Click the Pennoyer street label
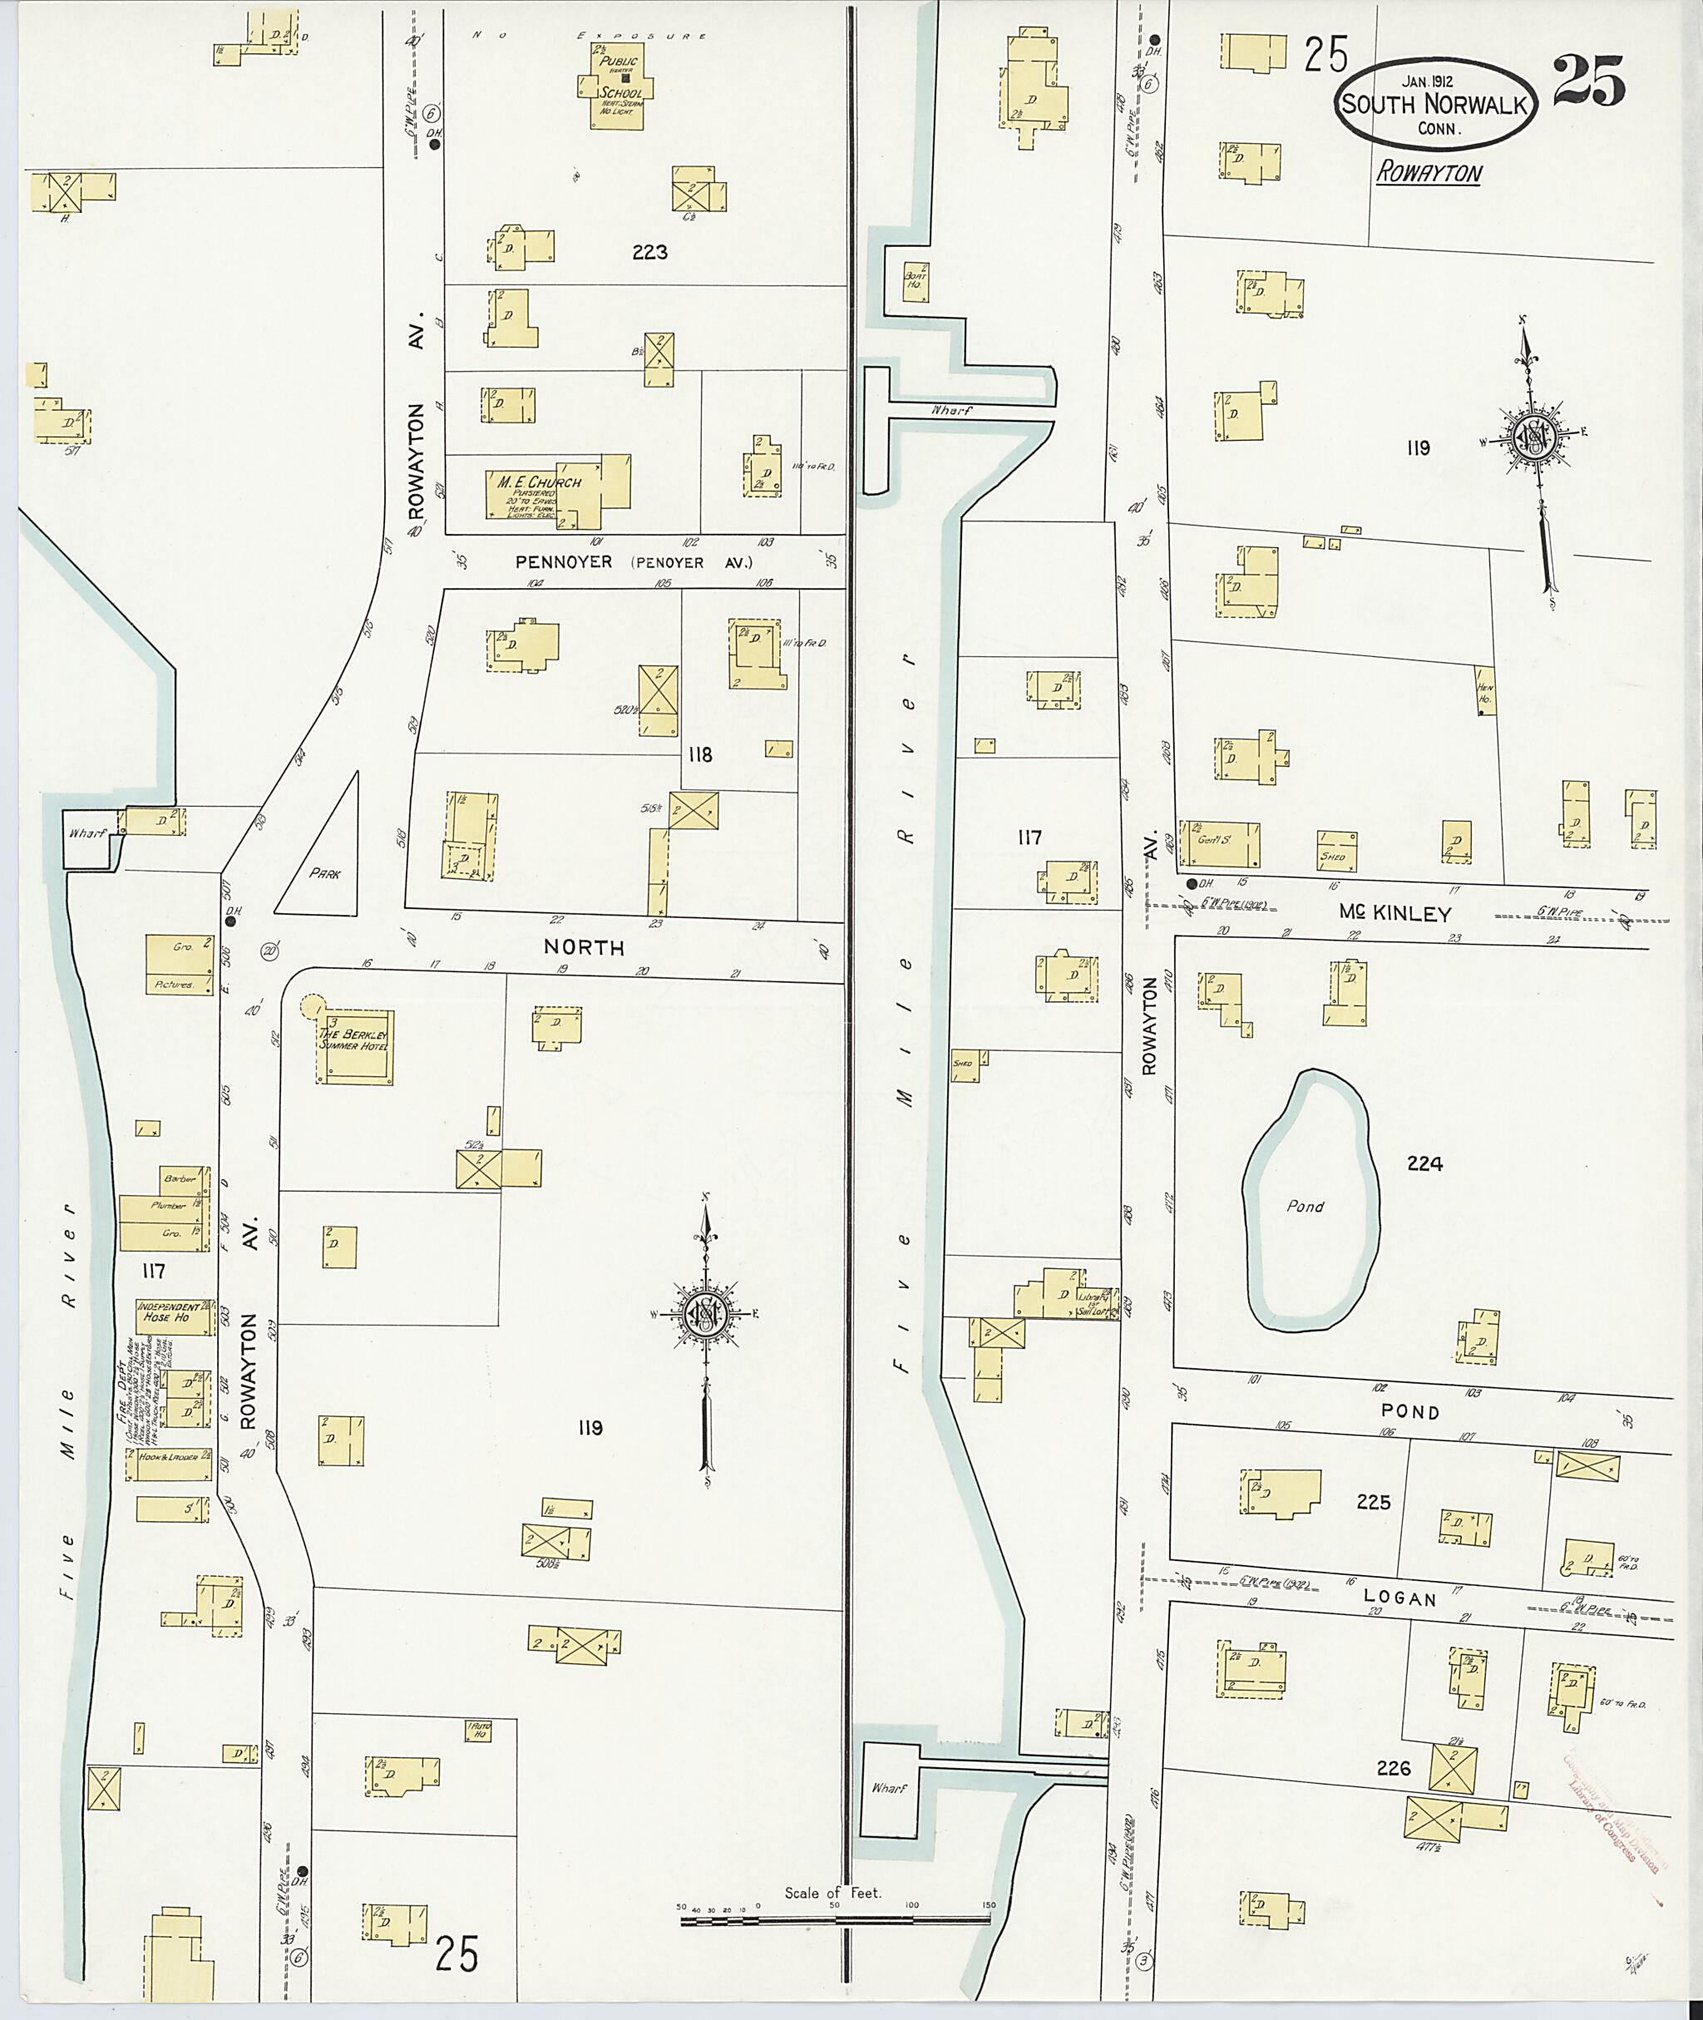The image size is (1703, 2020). [x=564, y=561]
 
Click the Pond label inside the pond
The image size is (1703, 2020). [x=1305, y=1206]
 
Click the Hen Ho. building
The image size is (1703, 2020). [x=1485, y=690]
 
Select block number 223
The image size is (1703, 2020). [x=649, y=253]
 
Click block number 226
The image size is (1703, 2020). [x=1394, y=1769]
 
